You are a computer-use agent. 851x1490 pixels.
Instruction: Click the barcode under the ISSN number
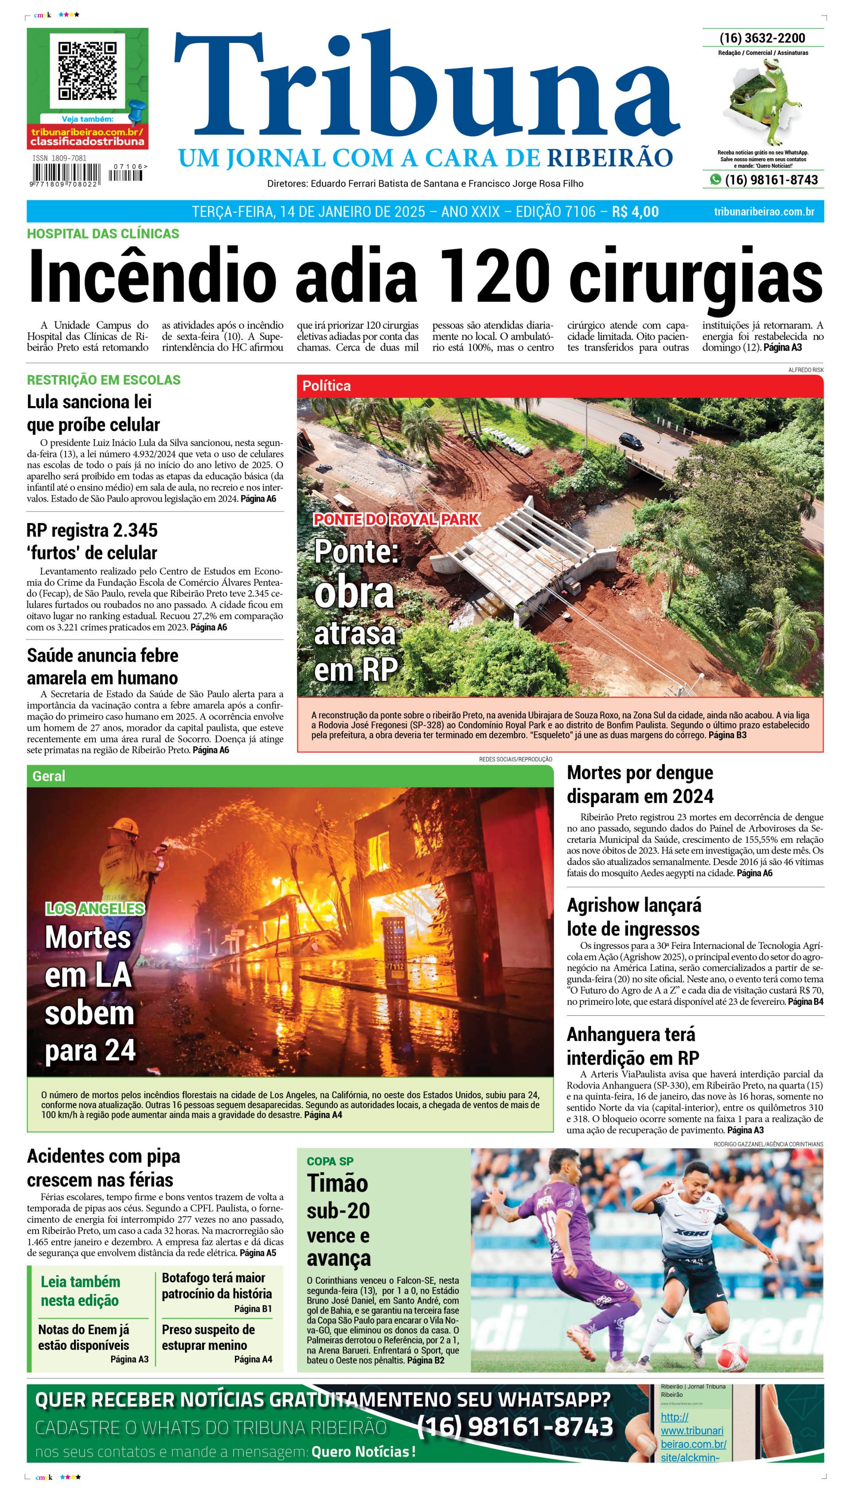tap(66, 174)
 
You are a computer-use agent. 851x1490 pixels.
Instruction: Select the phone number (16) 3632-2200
tap(762, 39)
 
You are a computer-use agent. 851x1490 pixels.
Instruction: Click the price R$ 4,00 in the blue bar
tap(635, 211)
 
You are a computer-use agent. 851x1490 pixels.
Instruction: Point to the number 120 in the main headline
tap(494, 276)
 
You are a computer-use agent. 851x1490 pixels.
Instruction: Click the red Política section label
tap(326, 386)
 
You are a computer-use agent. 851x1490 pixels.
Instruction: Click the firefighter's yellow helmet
tap(125, 826)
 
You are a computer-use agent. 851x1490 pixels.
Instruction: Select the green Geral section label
tap(49, 776)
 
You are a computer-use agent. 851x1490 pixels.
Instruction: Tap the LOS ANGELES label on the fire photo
tap(95, 909)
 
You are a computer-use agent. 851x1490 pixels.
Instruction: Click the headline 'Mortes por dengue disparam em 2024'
tap(640, 784)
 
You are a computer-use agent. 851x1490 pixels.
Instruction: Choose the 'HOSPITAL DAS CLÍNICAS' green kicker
tap(103, 234)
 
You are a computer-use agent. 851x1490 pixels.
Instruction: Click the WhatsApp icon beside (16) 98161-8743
tap(715, 180)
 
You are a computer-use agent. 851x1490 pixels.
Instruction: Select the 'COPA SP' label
tap(330, 1161)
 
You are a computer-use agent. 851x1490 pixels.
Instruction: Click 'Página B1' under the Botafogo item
tap(253, 1308)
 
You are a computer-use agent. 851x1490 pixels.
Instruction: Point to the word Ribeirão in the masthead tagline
tap(609, 158)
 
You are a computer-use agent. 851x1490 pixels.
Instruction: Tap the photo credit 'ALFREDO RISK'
tap(805, 370)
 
